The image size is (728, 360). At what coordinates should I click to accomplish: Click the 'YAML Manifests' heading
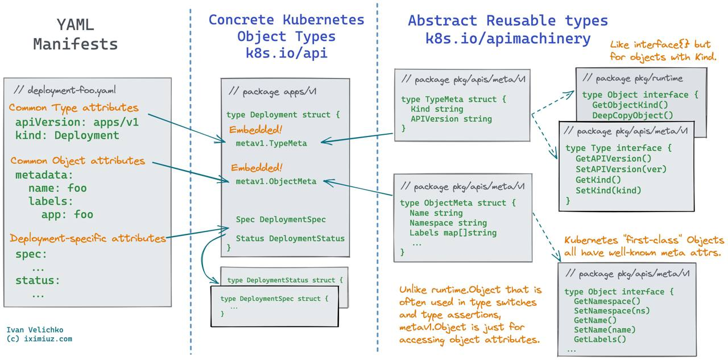[x=75, y=34]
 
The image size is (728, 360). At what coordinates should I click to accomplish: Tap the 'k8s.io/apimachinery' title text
[x=508, y=39]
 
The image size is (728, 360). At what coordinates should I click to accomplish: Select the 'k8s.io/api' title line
[x=286, y=53]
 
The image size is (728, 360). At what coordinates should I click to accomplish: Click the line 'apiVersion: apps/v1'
[x=77, y=122]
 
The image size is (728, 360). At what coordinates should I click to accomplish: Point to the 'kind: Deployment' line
[x=67, y=135]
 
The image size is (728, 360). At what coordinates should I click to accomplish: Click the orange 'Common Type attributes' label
[x=73, y=107]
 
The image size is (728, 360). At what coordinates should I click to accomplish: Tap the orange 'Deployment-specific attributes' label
[x=88, y=238]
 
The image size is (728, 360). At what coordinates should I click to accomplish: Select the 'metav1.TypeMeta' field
[x=271, y=143]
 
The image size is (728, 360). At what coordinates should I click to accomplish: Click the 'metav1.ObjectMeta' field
[x=276, y=181]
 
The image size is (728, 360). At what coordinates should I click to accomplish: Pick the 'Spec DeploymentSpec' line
[x=281, y=220]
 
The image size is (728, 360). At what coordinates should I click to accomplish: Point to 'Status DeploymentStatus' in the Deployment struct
[x=290, y=238]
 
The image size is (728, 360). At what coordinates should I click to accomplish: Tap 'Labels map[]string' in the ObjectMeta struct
[x=453, y=233]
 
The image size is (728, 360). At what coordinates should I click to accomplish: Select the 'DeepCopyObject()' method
[x=632, y=115]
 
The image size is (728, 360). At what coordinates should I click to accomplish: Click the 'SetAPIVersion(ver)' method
[x=621, y=169]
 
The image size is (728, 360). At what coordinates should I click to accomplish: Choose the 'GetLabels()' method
[x=599, y=340]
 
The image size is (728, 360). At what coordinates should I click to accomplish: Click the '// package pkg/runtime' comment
[x=632, y=78]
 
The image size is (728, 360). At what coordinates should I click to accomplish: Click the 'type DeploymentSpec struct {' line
[x=274, y=299]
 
